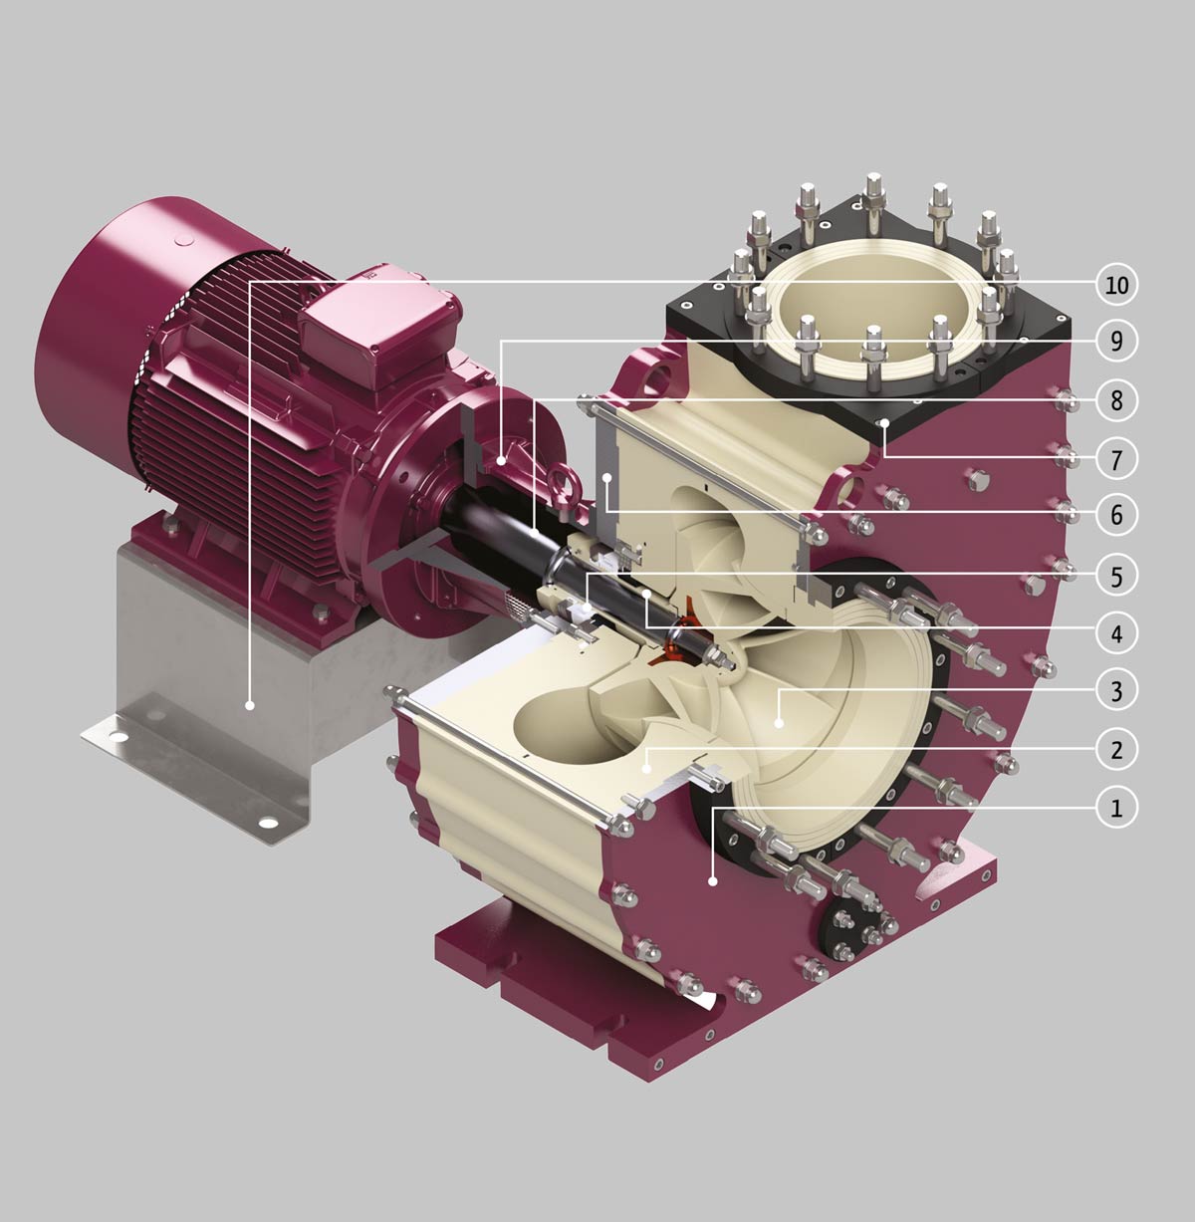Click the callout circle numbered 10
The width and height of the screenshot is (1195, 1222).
coord(1116,285)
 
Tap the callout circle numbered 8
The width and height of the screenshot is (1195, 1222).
coord(1116,400)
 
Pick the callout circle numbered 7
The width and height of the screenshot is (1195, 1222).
coord(1116,459)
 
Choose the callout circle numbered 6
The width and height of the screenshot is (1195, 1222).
coord(1116,515)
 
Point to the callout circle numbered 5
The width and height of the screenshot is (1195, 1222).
coord(1116,576)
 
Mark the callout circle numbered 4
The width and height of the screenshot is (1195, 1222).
coord(1116,633)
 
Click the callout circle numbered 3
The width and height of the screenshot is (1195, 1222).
coord(1116,691)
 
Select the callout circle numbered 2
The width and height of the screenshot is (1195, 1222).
coord(1116,749)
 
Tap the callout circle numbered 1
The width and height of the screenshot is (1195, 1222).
coord(1116,808)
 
